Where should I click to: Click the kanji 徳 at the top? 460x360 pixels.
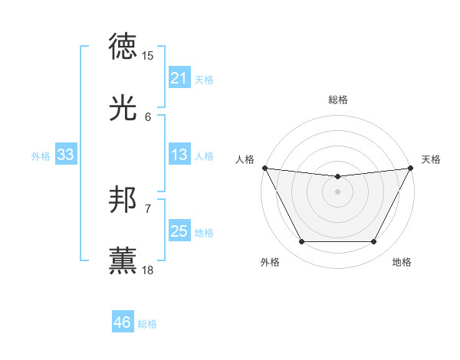click(x=123, y=47)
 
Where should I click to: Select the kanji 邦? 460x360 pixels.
click(x=123, y=201)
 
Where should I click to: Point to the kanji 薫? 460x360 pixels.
click(x=123, y=261)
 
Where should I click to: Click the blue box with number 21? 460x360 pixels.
click(x=179, y=78)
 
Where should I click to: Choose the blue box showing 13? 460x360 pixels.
click(x=179, y=155)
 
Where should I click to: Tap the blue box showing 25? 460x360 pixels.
click(x=179, y=231)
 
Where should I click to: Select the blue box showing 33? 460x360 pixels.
click(x=65, y=155)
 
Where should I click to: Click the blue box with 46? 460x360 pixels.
click(x=122, y=322)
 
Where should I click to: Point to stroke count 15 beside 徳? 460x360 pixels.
click(x=148, y=56)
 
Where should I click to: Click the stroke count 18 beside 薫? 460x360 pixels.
click(x=148, y=270)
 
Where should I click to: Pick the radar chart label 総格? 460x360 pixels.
click(x=337, y=100)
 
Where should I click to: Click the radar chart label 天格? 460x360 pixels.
click(x=432, y=159)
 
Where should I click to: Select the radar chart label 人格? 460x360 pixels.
click(x=245, y=159)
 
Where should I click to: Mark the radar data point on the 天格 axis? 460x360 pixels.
click(x=412, y=168)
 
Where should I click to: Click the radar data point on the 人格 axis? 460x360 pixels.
click(x=264, y=168)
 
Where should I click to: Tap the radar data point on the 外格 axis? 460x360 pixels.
click(x=301, y=242)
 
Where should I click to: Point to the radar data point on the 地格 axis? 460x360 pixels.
click(x=374, y=242)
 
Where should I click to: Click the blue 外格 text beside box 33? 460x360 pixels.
click(x=41, y=155)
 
